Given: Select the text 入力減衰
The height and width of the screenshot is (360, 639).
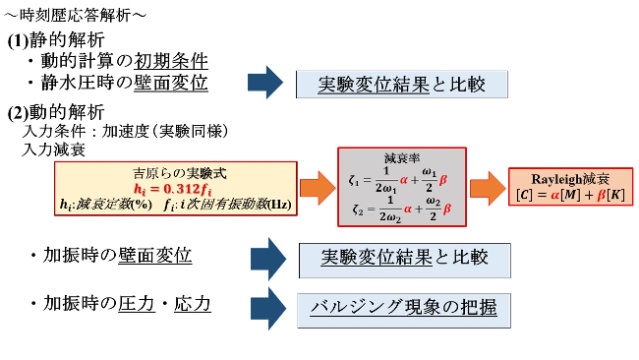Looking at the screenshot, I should pos(52,150).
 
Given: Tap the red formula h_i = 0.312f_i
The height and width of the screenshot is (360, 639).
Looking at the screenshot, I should pos(172,189).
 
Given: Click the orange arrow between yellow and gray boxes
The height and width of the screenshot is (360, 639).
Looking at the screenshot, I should pos(315,186).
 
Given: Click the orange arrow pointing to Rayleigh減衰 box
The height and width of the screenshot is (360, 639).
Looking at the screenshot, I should pos(485,186).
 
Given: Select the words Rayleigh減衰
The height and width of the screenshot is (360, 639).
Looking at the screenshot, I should pos(570,179).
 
